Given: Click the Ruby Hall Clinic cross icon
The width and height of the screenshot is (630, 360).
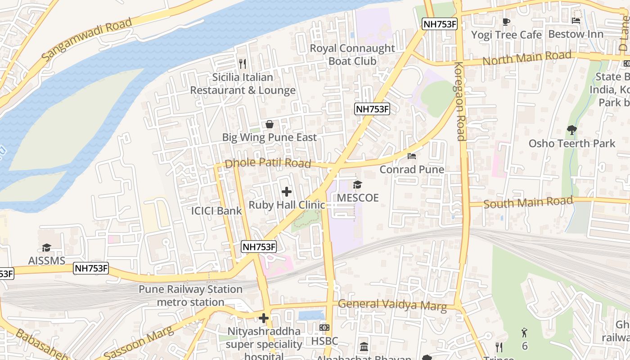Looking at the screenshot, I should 286,192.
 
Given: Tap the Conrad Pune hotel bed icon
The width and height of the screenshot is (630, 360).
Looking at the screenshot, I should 411,156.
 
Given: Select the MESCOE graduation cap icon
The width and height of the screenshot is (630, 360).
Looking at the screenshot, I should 357,184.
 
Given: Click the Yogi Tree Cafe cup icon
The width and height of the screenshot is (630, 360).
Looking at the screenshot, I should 506,22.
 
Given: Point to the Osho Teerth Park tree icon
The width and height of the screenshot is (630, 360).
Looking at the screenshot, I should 571,130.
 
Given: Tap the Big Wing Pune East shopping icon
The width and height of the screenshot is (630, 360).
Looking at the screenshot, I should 269,124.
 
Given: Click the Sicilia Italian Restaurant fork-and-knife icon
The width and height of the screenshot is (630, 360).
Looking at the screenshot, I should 243,64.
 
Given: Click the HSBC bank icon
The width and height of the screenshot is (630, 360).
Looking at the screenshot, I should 324,328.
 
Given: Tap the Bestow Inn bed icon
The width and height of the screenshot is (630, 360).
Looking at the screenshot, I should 576,21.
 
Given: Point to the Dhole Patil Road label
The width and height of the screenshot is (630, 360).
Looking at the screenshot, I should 268,163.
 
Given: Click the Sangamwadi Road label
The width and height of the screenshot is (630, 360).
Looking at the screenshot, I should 88,40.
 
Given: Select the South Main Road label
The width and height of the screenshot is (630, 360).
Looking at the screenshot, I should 528,202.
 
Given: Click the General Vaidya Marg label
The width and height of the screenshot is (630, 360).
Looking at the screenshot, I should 392,305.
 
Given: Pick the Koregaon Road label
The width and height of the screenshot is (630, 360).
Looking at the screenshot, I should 459,101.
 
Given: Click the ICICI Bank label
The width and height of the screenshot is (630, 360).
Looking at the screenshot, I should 216,211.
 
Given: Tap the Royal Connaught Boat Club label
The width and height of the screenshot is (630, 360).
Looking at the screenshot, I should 352,54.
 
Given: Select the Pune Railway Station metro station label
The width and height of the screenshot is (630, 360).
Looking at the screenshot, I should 190,296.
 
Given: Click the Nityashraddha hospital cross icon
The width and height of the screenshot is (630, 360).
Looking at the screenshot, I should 264,319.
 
